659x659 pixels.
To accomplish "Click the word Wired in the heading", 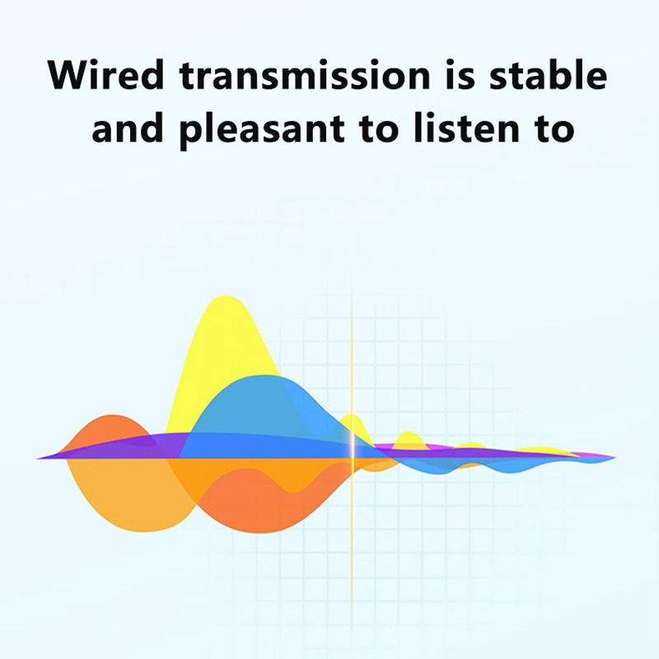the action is [105, 75].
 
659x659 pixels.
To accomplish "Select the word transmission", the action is [305, 75].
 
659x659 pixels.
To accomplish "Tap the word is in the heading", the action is [460, 75].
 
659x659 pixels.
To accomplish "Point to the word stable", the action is [549, 75].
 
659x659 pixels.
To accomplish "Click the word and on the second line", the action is [128, 128].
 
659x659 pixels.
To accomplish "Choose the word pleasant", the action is [262, 130].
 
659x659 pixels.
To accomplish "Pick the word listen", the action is [466, 128].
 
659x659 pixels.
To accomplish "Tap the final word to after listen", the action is [554, 129].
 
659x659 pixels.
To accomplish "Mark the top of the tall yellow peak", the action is [225, 297].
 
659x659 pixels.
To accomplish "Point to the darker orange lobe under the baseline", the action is [260, 504].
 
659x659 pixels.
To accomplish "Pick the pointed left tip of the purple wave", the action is [38, 458].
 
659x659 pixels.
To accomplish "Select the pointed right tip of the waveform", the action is [615, 457].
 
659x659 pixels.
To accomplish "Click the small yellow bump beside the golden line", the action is [353, 423].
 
